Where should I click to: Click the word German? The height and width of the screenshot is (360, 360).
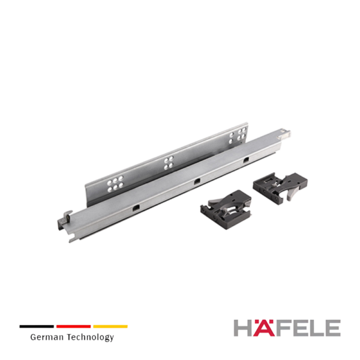coord(47,337)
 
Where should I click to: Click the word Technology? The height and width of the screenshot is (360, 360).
coord(91,337)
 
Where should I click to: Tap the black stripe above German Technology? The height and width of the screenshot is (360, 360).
coord(37,326)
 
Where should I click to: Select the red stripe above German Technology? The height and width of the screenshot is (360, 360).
coord(73,326)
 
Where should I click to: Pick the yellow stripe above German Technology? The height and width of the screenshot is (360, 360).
coord(110,326)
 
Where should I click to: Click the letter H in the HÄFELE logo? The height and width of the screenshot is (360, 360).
coord(244,328)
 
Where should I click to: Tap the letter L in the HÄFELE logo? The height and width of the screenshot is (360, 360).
coord(316,328)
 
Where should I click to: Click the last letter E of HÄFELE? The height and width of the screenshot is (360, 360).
coord(332,328)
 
